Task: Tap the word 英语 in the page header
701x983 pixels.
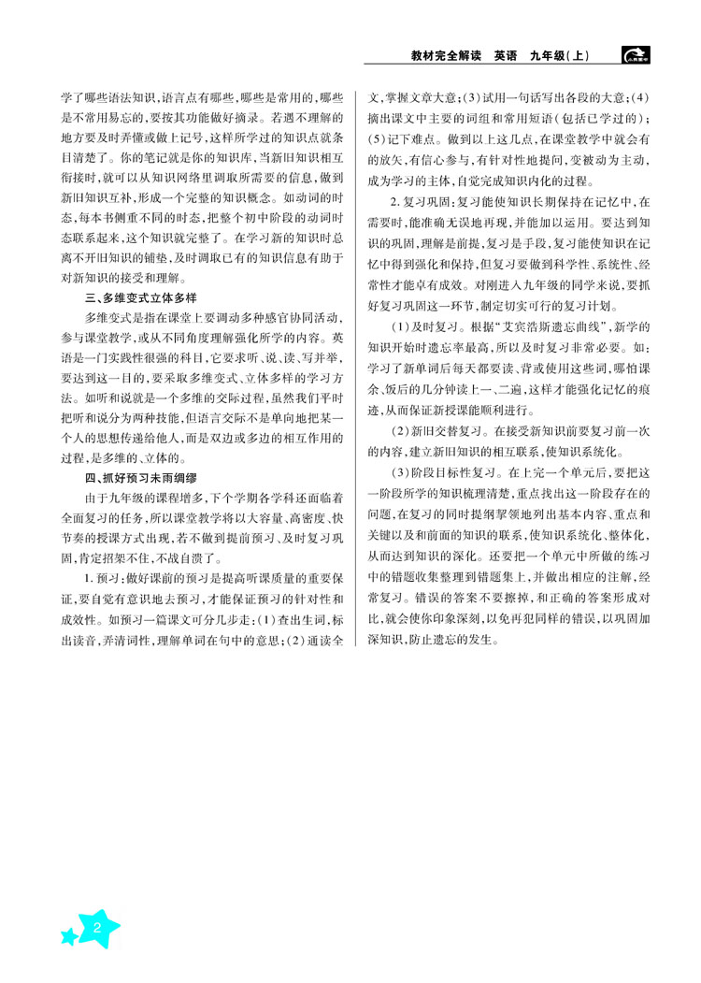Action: pyautogui.click(x=510, y=56)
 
